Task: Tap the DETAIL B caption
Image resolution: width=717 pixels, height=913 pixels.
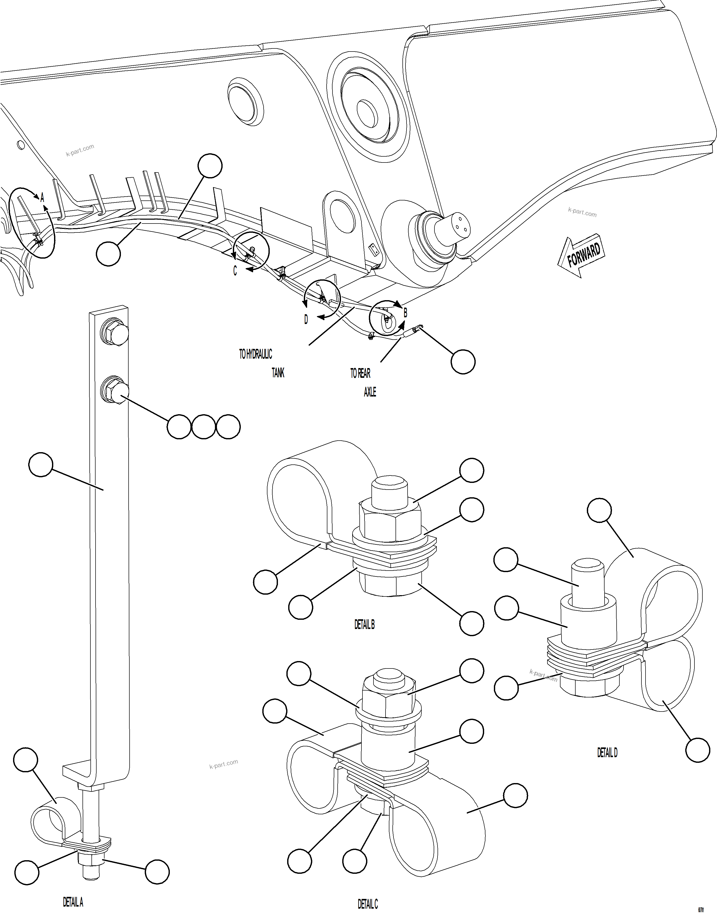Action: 364,624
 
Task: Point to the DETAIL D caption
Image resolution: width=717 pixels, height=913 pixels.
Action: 607,753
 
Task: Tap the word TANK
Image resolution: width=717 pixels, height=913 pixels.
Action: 278,372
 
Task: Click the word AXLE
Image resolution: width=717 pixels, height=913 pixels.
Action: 370,392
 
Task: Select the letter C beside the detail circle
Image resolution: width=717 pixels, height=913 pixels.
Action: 235,271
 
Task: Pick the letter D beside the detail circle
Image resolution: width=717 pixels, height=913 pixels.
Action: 306,320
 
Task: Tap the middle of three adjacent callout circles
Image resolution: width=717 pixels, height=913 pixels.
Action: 204,427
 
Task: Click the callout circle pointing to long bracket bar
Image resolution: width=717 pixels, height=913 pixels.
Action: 41,464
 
